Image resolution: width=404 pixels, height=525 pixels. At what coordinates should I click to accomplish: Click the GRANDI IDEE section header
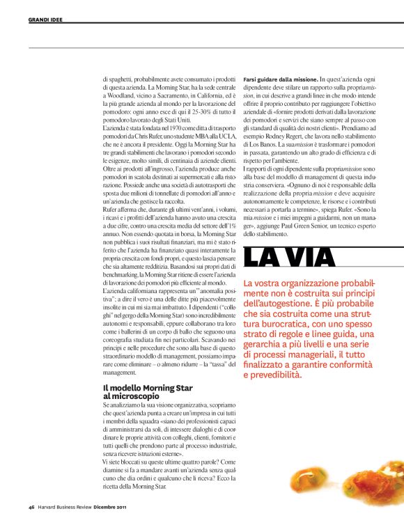[45, 19]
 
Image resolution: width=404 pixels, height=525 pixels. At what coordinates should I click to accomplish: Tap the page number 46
[32, 506]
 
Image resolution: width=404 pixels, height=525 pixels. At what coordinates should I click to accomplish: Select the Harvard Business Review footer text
[69, 506]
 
